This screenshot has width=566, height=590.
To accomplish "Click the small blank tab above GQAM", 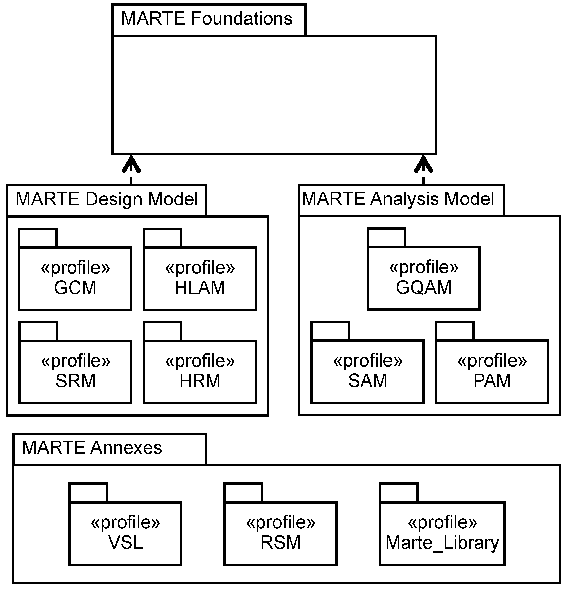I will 386,238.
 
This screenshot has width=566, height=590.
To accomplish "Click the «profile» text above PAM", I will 492,360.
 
